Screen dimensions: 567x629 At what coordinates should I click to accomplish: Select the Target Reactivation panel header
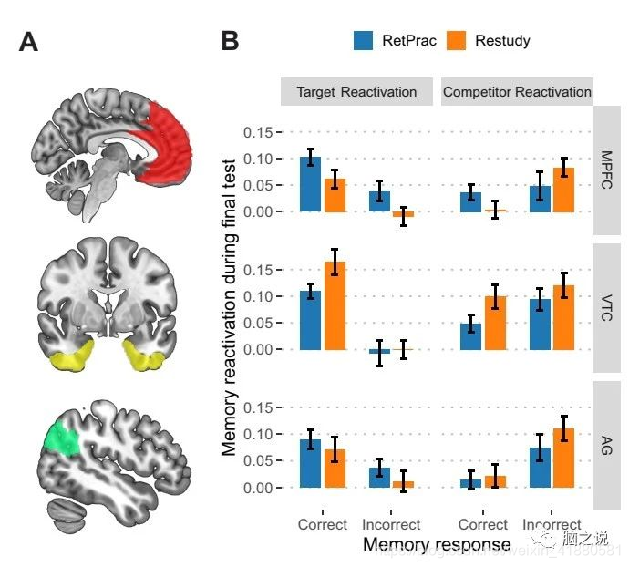(356, 92)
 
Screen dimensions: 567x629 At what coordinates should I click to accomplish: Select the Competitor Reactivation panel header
(517, 92)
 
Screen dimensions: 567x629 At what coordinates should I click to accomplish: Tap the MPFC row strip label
(607, 170)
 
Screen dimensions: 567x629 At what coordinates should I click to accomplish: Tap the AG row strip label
(607, 445)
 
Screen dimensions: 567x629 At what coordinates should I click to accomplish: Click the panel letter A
(28, 42)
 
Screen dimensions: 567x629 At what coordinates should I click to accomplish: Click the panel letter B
(230, 42)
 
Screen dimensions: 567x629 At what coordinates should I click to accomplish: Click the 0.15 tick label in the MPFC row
(258, 132)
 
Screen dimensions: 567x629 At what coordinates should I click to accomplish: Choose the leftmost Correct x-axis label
(323, 524)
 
